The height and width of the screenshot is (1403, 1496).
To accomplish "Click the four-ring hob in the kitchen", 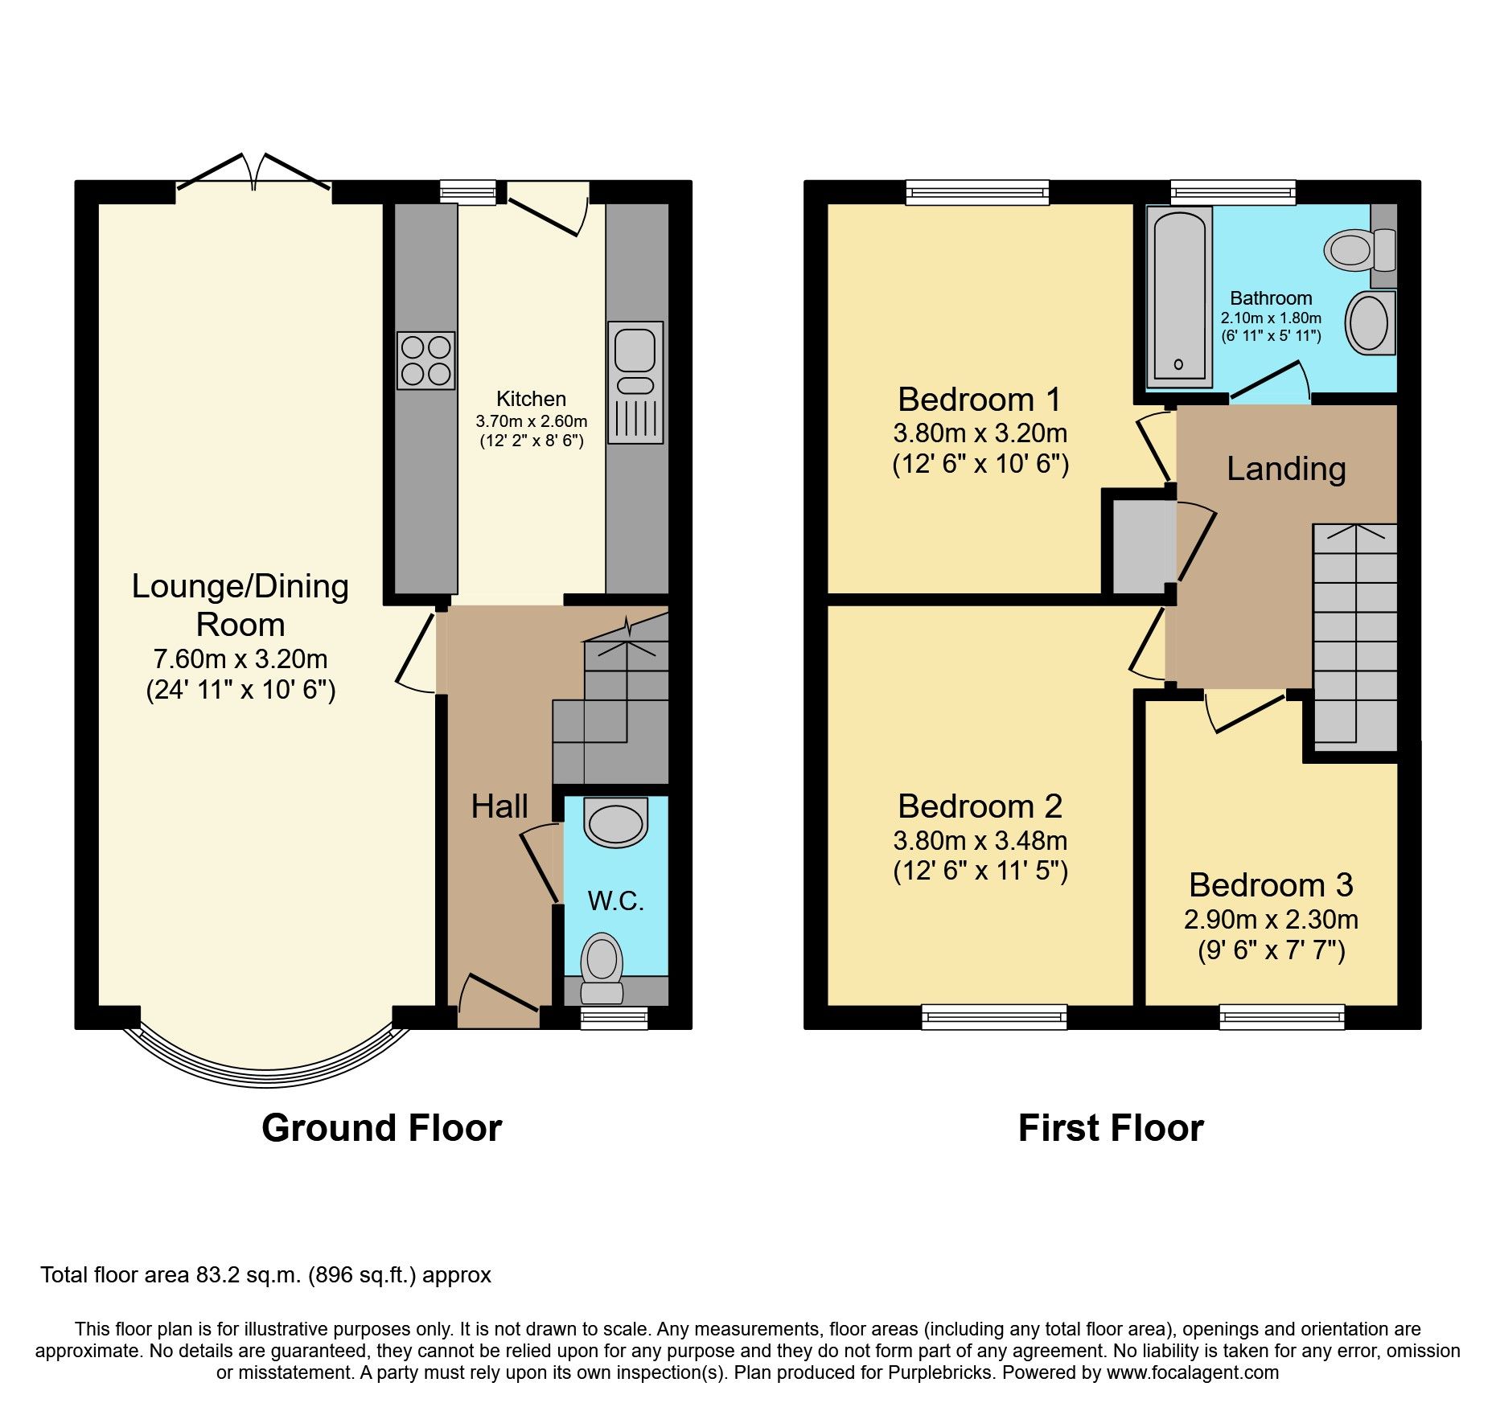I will pos(425,361).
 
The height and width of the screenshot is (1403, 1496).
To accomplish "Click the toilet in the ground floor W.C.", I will pos(602,965).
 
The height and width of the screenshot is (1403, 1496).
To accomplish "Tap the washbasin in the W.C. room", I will pos(616,822).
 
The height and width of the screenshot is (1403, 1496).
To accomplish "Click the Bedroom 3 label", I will pos(1271,885).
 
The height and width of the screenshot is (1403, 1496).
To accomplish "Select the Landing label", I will pos(1285,469).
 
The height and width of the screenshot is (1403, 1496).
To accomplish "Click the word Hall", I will pos(499,806).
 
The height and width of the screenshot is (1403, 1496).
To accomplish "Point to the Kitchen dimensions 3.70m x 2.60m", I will pos(532,421).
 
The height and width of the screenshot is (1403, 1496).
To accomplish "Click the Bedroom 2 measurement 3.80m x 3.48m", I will pos(980,841).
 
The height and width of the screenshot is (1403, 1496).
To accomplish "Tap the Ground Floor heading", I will pos(381,1128).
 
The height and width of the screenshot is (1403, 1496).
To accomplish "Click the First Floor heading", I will pos(1111,1128).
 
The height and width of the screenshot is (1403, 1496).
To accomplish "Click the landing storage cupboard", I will pos(1138,548).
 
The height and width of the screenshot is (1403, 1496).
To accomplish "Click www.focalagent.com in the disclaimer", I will pos(1192,1372).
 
